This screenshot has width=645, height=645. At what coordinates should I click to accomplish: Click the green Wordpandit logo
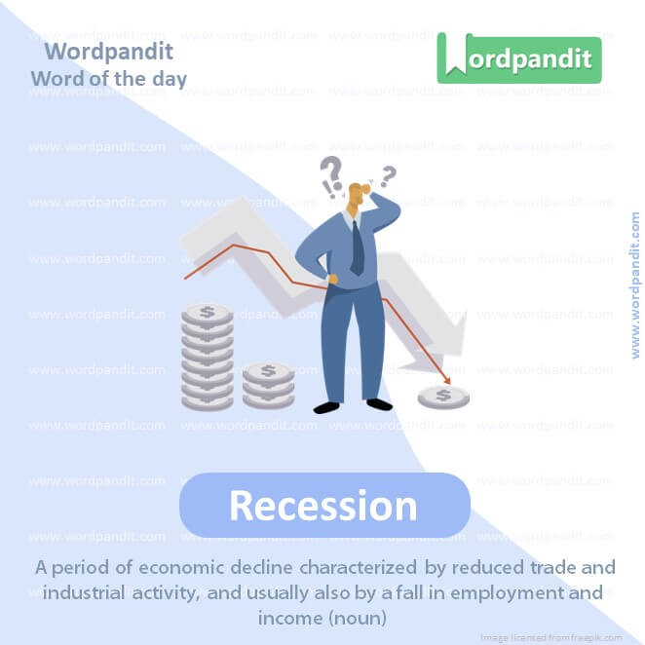click(x=519, y=58)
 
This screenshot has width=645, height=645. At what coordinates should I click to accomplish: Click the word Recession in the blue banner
click(x=323, y=506)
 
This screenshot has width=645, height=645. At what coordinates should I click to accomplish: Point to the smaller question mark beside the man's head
click(x=389, y=176)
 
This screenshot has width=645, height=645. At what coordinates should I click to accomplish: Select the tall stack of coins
click(x=208, y=356)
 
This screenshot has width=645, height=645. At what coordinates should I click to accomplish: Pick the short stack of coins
click(x=268, y=385)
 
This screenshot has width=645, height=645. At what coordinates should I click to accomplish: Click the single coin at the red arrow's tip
click(x=443, y=396)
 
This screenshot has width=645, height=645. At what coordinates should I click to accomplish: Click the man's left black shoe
click(x=327, y=406)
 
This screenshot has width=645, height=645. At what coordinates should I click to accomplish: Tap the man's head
click(x=360, y=195)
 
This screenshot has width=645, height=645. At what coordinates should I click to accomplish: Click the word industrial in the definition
click(x=107, y=592)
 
